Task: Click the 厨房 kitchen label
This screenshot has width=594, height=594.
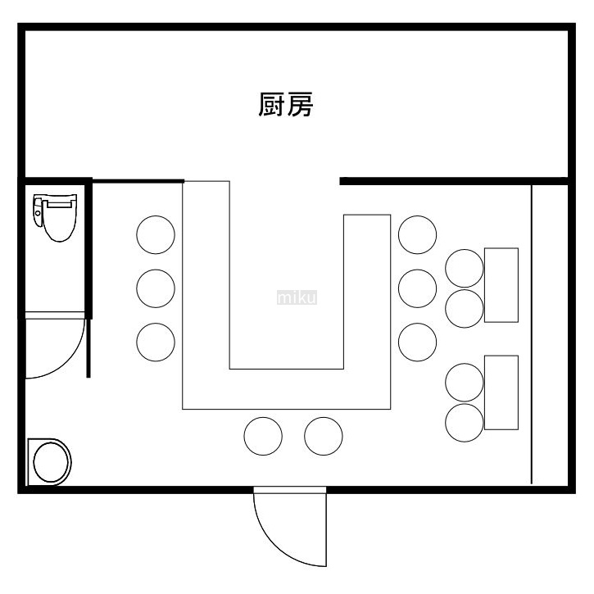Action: tap(286, 105)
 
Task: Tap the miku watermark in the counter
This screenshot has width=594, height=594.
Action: tap(297, 297)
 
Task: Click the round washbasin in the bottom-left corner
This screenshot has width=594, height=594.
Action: tap(50, 462)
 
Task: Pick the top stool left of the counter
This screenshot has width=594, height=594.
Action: tap(156, 235)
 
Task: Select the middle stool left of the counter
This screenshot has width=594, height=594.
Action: tap(156, 288)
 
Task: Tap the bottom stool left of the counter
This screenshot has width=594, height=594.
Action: tap(156, 342)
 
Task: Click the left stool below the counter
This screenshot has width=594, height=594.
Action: tap(263, 436)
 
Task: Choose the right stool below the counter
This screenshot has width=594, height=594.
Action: tap(324, 436)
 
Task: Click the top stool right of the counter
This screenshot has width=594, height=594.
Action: tap(418, 235)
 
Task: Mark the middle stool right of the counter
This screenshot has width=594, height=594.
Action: tap(418, 288)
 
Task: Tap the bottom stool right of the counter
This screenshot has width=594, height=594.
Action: tap(418, 342)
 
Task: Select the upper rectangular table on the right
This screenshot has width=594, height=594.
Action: tap(501, 285)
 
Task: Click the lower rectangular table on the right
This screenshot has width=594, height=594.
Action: tap(501, 393)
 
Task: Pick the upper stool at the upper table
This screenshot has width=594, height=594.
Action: tap(465, 268)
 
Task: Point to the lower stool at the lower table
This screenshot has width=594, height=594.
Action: tap(465, 421)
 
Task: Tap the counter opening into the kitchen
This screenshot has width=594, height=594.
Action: tap(284, 182)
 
